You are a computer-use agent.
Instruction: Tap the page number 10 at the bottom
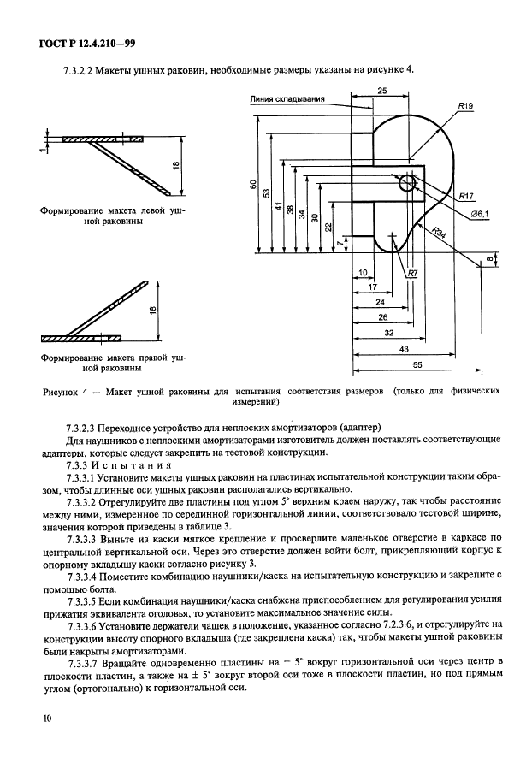pyautogui.click(x=48, y=719)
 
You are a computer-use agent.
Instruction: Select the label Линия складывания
pyautogui.click(x=288, y=98)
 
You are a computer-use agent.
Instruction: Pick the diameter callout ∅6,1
pyautogui.click(x=478, y=214)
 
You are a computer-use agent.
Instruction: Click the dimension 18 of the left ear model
pyautogui.click(x=173, y=166)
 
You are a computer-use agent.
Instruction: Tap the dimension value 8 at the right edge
pyautogui.click(x=488, y=259)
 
